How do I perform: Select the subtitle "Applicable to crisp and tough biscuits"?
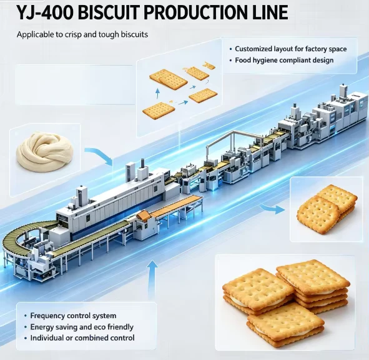point(82,34)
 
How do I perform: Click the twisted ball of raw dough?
point(44,152)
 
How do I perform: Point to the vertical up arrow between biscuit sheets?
point(158,94)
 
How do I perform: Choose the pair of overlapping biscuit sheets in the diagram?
point(169,79)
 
